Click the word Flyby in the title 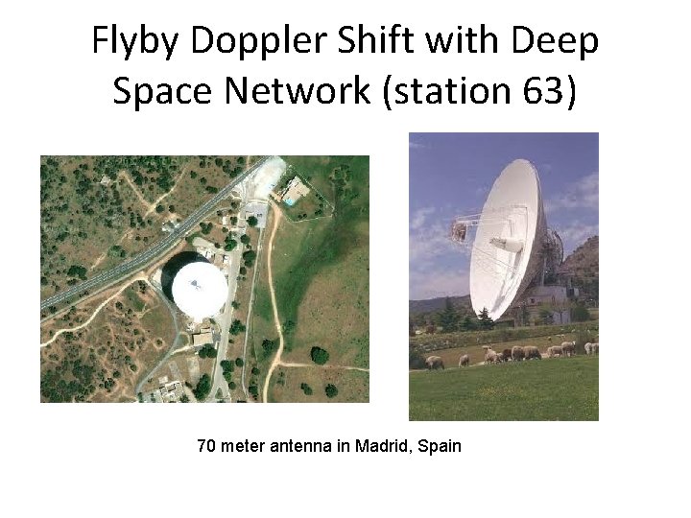pyautogui.click(x=134, y=41)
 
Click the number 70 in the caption pyautogui.click(x=205, y=446)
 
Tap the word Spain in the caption pyautogui.click(x=440, y=446)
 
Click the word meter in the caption pyautogui.click(x=241, y=446)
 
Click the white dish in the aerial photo pyautogui.click(x=199, y=290)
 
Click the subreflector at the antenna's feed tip pyautogui.click(x=458, y=231)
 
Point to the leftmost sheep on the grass pyautogui.click(x=435, y=362)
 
